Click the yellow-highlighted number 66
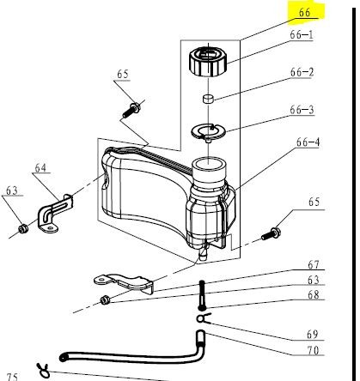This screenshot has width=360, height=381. point(304,12)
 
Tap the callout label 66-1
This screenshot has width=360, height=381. point(302,35)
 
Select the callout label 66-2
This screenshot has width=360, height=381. point(302,72)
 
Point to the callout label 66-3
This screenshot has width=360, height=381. point(302,110)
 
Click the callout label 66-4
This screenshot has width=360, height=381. point(308,142)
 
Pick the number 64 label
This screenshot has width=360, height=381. point(40,167)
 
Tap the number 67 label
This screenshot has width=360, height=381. point(314,264)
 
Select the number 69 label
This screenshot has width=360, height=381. point(313,335)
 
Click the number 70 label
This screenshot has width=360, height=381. point(313,350)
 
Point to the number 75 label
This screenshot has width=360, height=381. point(12,377)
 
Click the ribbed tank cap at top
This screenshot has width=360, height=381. point(208,61)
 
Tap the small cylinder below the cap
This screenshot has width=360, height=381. point(209,99)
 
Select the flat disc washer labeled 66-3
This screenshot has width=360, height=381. point(208,131)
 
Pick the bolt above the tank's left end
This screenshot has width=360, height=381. point(131,111)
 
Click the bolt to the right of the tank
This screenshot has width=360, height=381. point(271,233)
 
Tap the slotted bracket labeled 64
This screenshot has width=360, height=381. point(55,213)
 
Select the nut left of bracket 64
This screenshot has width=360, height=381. point(23,228)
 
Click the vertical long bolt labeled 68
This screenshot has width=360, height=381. point(202,295)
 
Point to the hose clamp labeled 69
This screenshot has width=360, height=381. point(204,318)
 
